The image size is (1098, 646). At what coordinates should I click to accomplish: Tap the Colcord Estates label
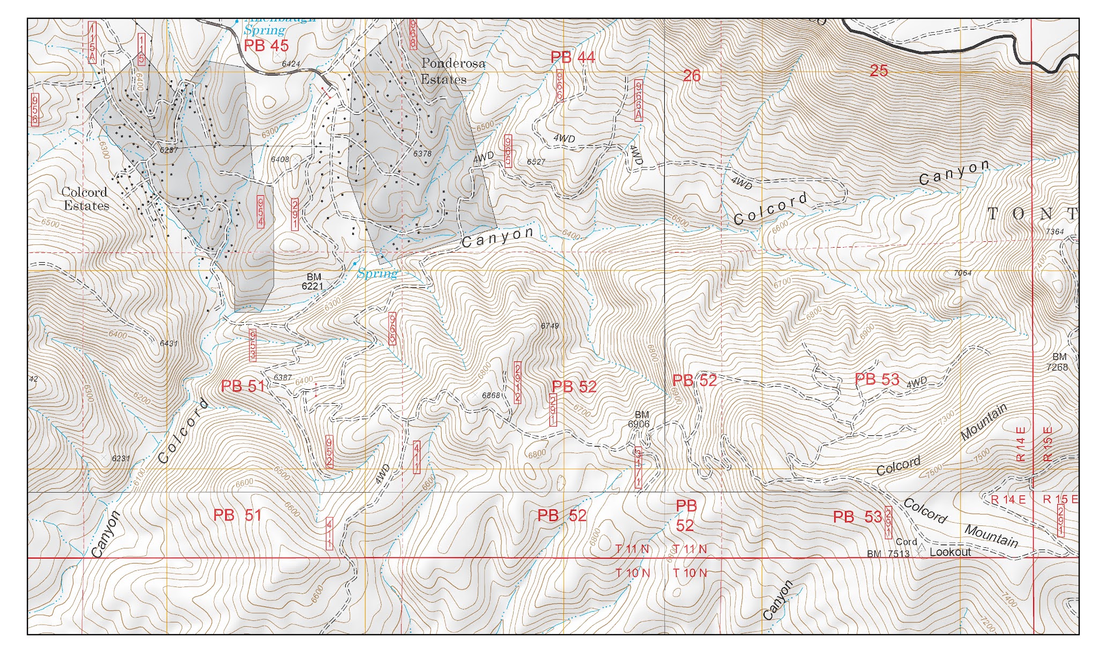tap(85, 199)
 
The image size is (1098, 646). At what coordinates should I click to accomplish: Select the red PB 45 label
tap(266, 46)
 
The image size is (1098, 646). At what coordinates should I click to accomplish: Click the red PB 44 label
tap(573, 57)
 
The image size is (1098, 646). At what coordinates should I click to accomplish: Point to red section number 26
tap(692, 76)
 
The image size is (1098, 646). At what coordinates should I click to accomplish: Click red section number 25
tap(878, 70)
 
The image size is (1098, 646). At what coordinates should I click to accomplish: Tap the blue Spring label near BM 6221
tap(377, 274)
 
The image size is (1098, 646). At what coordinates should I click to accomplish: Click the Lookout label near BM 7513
tap(950, 552)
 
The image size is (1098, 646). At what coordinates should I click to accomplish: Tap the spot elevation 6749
tap(550, 326)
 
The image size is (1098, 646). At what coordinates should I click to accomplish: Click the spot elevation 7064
tap(962, 273)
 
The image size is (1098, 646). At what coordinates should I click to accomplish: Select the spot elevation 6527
tap(536, 161)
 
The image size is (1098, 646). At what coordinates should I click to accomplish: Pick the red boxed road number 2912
tap(517, 382)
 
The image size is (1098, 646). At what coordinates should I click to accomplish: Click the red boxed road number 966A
tap(638, 100)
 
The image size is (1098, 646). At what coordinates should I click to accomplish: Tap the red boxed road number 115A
tap(92, 43)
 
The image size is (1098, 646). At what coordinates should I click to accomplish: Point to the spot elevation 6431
tap(168, 344)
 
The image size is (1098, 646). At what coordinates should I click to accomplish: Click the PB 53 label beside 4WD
tap(877, 379)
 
